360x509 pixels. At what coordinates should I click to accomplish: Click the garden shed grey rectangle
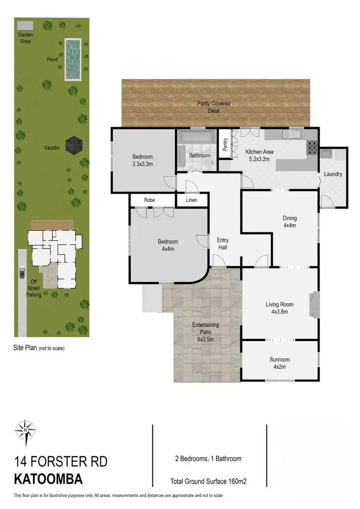pos(25,25)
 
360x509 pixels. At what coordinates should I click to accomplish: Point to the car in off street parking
pos(22,273)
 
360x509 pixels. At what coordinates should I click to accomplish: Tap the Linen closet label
pos(192,200)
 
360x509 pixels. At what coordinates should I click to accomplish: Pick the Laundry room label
pos(333,174)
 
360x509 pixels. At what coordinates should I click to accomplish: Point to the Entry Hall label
pos(223,244)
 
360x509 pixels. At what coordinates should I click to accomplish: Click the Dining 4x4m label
pos(289,221)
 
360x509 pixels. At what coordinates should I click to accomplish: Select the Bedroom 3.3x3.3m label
pos(143,160)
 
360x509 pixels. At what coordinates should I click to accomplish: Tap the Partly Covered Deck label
pos(214,107)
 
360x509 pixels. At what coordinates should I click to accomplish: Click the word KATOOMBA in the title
pos(48,479)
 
